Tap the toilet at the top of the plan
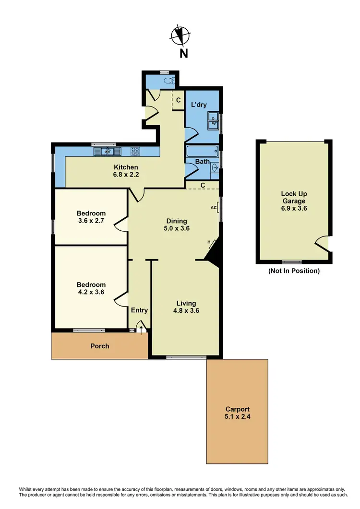(x=168, y=81)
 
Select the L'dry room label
(x=199, y=105)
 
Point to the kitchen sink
(x=107, y=152)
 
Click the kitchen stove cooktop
(x=135, y=152)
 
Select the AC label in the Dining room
(x=213, y=208)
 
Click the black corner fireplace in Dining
(x=213, y=251)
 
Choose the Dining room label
(x=176, y=221)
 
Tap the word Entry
(x=139, y=310)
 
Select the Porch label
(x=100, y=346)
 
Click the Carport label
(x=238, y=409)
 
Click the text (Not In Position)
(x=294, y=271)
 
